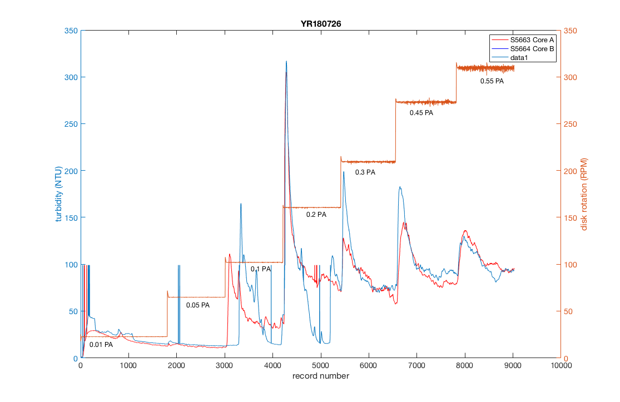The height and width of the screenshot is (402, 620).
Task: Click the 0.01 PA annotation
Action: [x=101, y=345]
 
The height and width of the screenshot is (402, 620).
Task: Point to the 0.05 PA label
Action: [x=198, y=305]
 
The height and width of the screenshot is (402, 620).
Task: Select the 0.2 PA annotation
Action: [x=316, y=215]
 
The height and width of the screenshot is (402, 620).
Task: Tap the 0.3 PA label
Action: [x=365, y=172]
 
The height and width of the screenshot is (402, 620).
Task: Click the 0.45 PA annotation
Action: [x=421, y=113]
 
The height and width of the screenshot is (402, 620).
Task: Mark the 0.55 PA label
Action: [x=492, y=81]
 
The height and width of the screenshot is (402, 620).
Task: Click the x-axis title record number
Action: [x=321, y=376]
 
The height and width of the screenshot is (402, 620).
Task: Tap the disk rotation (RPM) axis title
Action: [x=584, y=194]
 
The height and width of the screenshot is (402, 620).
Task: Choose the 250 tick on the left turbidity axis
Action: [x=71, y=124]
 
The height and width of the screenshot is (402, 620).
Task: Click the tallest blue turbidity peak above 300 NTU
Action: [x=286, y=62]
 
